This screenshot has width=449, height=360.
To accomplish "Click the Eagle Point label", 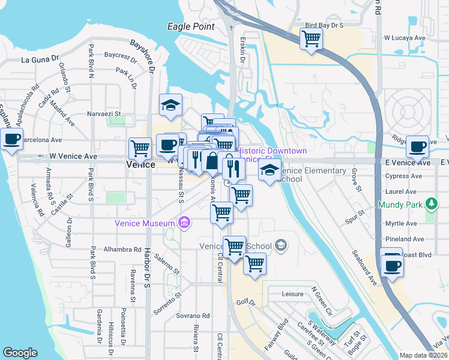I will [x=190, y=26].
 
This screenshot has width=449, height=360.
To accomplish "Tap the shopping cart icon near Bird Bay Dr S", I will [x=312, y=38].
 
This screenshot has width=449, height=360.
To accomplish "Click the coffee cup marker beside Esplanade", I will [x=11, y=139].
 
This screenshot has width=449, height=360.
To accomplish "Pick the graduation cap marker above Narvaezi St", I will [x=171, y=105].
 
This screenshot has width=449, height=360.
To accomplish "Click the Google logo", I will [x=20, y=353].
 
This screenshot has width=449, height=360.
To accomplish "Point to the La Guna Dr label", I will [x=40, y=59].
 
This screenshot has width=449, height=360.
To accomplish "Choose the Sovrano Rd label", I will [x=193, y=316].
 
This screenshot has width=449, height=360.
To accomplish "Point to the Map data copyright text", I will [x=423, y=355].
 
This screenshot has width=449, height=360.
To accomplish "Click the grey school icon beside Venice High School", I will [x=280, y=245].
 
